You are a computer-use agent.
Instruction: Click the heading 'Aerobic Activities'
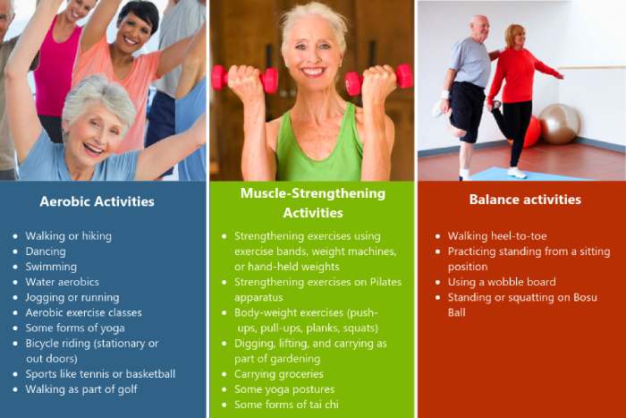(97, 201)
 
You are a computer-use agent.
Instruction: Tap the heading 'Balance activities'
(525, 199)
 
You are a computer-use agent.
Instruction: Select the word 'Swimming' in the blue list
(51, 267)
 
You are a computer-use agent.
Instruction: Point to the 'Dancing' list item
(46, 252)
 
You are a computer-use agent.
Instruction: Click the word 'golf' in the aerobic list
(128, 389)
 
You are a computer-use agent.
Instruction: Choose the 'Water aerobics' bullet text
(63, 282)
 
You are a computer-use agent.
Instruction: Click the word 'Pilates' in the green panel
(385, 282)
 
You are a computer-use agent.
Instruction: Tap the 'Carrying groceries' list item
(279, 374)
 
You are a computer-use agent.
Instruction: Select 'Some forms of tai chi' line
(286, 405)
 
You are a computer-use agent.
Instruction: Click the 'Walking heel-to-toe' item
(497, 236)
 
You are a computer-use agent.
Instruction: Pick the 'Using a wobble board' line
(502, 282)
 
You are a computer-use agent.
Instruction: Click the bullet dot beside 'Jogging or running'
(15, 298)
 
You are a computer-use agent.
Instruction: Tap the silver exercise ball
(559, 124)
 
